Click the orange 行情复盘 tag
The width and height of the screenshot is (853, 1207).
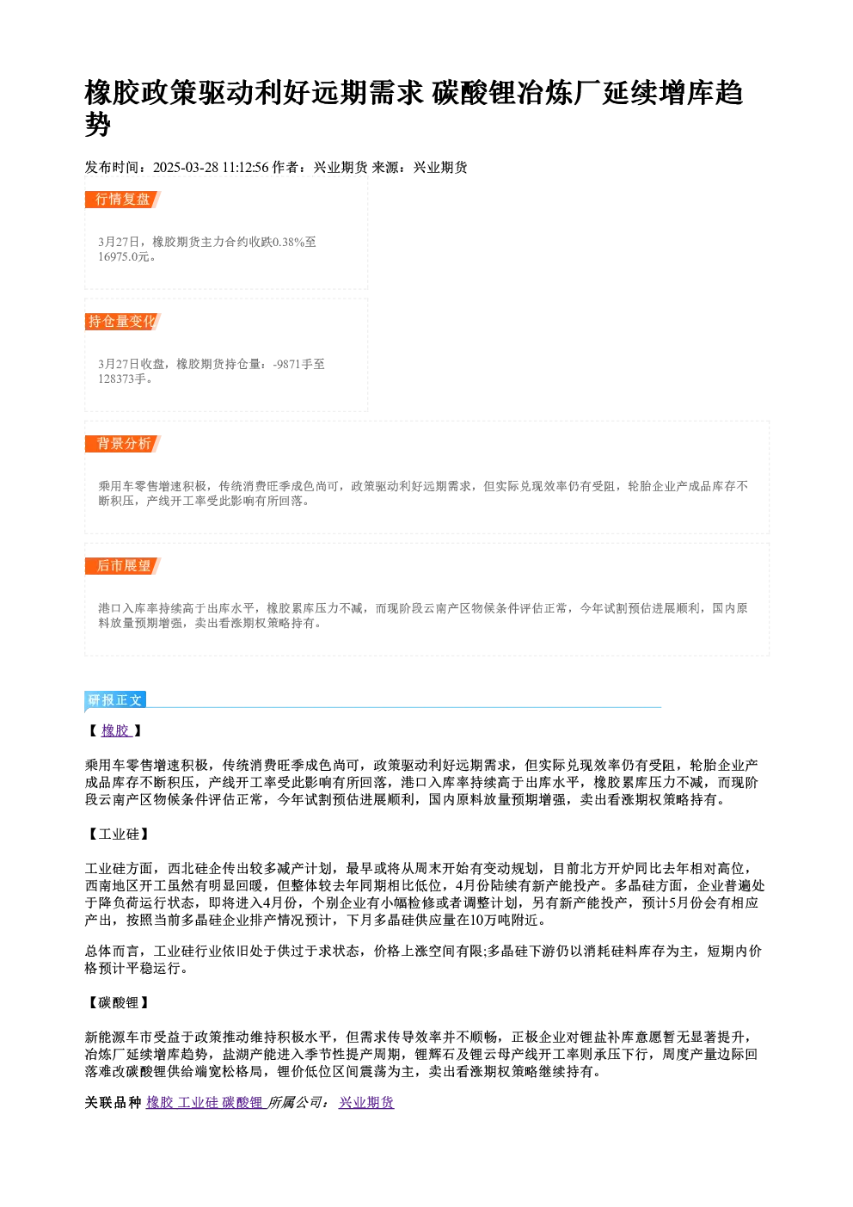pyautogui.click(x=123, y=200)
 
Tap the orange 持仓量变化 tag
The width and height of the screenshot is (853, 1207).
pyautogui.click(x=123, y=322)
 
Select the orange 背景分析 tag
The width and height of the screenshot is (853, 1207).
pyautogui.click(x=123, y=444)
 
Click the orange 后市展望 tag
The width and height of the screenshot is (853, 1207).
pyautogui.click(x=123, y=566)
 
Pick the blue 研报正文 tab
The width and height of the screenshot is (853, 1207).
pyautogui.click(x=115, y=700)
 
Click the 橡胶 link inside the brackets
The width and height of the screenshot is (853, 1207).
pyautogui.click(x=115, y=730)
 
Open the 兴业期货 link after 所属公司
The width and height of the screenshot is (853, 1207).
pyautogui.click(x=366, y=1102)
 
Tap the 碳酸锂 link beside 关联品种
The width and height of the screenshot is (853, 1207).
pyautogui.click(x=242, y=1102)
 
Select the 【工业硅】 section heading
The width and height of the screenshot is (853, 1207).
pyautogui.click(x=118, y=834)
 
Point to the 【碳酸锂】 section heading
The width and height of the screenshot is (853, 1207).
pyautogui.click(x=118, y=1003)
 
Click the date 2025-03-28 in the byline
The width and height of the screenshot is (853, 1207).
pyautogui.click(x=186, y=168)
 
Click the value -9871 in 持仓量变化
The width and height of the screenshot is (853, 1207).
pyautogui.click(x=286, y=365)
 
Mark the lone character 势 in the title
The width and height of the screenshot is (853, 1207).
pyautogui.click(x=98, y=124)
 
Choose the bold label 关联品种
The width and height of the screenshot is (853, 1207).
pyautogui.click(x=113, y=1102)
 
